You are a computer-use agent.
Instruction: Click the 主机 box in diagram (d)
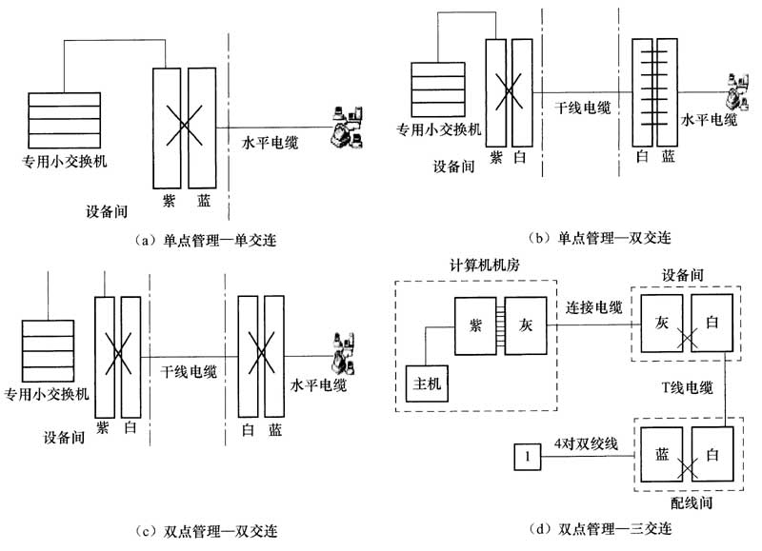click(427, 384)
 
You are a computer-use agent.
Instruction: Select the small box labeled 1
click(528, 457)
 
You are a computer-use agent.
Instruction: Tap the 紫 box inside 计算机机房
click(475, 325)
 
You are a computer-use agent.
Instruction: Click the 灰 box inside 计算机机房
click(526, 325)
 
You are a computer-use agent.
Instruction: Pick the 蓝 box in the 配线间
click(662, 454)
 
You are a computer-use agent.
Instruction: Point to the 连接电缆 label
click(593, 307)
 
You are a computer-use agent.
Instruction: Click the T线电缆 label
click(687, 387)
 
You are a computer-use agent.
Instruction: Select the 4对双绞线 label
click(586, 443)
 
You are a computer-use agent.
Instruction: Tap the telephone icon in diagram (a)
click(347, 128)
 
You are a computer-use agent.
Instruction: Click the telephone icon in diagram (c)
click(343, 353)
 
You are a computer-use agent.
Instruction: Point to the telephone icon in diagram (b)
click(737, 93)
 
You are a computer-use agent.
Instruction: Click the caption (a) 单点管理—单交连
click(206, 241)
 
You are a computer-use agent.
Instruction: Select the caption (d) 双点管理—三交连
click(601, 529)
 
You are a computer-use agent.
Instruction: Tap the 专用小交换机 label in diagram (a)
click(64, 161)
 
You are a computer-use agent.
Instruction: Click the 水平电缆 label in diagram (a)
click(270, 143)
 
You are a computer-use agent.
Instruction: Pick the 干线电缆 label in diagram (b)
click(583, 108)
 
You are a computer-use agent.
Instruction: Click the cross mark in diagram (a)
click(184, 126)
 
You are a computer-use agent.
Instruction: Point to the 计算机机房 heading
click(485, 266)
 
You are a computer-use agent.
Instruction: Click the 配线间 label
click(692, 502)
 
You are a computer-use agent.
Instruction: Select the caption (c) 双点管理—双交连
click(206, 532)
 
